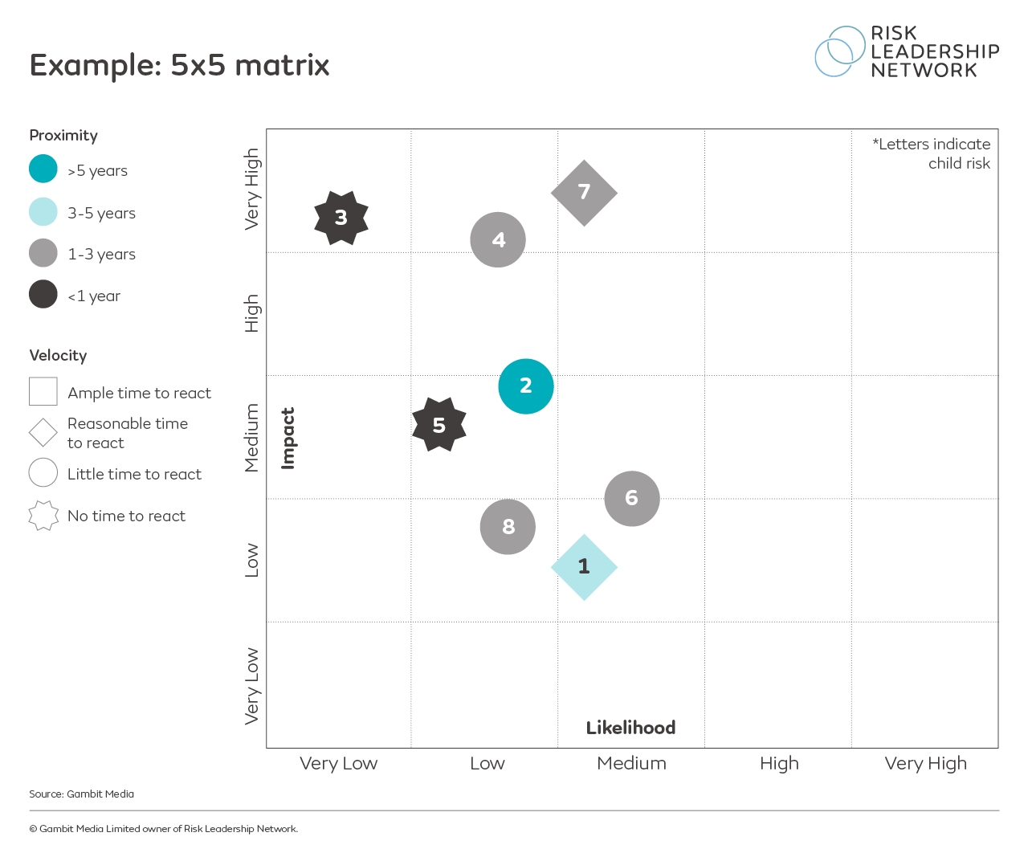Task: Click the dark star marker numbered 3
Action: point(341,218)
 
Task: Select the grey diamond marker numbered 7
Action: point(584,193)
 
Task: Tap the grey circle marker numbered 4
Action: point(498,240)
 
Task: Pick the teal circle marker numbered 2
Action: point(526,386)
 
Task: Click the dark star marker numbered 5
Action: point(439,425)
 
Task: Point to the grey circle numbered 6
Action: point(632,499)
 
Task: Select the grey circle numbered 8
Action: point(508,527)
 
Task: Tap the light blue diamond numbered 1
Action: point(584,567)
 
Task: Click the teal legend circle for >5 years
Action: point(43,169)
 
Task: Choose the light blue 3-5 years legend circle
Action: point(43,212)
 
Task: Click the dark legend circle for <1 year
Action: point(43,294)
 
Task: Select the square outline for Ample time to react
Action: point(43,392)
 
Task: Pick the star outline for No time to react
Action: point(43,516)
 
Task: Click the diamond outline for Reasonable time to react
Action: point(43,433)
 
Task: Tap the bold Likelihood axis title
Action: point(630,728)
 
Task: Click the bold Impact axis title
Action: point(288,438)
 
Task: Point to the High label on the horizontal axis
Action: point(779,763)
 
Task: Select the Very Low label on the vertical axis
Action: point(252,686)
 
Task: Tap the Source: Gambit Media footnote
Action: point(82,794)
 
